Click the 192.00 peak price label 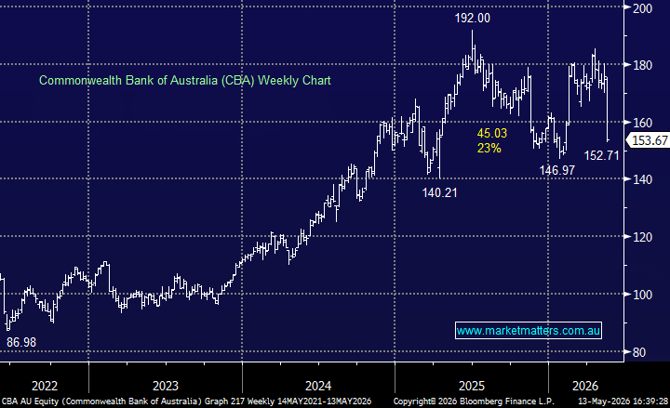[472, 18]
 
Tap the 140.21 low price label [439, 193]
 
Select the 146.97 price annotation [556, 170]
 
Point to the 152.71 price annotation [602, 155]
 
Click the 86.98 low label [21, 342]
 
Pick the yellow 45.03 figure [492, 133]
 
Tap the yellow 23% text [489, 148]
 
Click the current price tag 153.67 [650, 140]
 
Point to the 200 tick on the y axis [642, 8]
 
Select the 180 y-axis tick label [642, 65]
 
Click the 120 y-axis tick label [642, 237]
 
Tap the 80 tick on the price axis [639, 352]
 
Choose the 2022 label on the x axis [45, 386]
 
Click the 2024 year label [318, 386]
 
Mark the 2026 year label [585, 386]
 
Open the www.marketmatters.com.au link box [529, 331]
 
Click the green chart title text [185, 80]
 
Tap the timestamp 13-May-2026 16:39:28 [623, 401]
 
